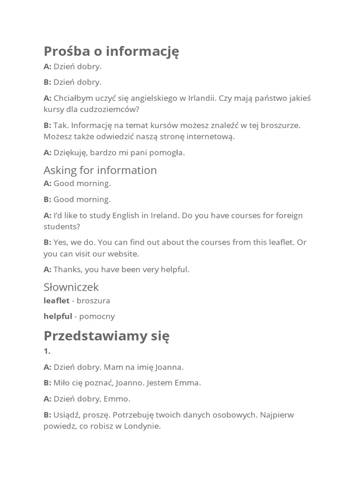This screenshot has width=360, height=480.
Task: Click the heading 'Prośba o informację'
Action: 111,51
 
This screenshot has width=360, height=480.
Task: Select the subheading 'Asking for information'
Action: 100,170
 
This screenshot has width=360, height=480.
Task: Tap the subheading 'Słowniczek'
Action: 71,287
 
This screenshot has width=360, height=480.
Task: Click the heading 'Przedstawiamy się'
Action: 106,336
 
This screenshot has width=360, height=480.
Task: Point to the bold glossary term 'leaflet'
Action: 56,300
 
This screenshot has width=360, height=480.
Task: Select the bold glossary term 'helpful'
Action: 58,316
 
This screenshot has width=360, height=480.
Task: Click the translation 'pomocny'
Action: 97,316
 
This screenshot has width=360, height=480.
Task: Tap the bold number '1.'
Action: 47,351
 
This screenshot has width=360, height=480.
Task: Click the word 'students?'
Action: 62,226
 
